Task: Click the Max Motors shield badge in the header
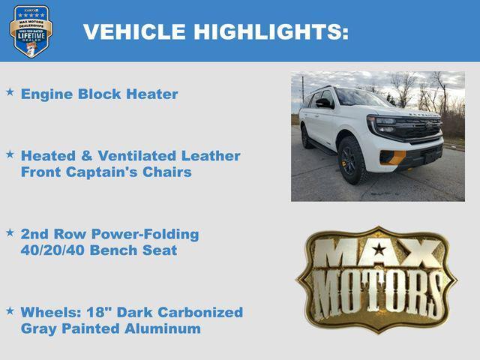tap(31, 31)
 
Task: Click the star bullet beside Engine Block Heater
tap(10, 92)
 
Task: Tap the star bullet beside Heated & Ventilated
tap(10, 154)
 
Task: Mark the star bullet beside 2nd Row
tap(10, 232)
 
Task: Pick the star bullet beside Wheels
tap(10, 310)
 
